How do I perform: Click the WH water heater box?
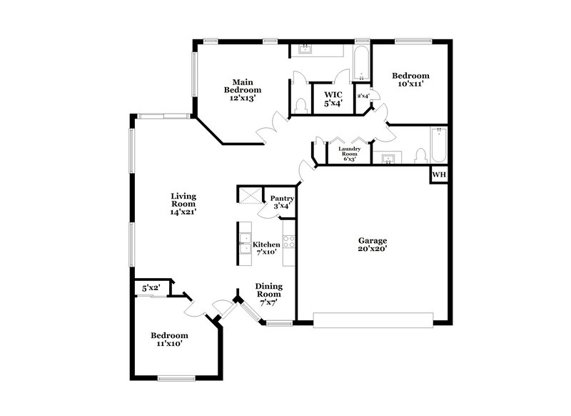[438, 174]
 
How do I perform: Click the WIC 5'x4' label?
[333, 99]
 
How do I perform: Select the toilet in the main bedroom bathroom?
[300, 106]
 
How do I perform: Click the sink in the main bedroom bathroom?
[305, 50]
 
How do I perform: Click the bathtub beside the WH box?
[439, 146]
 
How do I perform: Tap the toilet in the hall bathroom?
[420, 155]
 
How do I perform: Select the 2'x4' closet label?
[363, 96]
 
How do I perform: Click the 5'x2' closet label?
[151, 288]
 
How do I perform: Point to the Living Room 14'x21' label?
[183, 204]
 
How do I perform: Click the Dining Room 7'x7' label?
[268, 294]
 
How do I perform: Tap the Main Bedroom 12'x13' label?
[243, 90]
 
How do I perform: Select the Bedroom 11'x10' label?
[169, 340]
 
